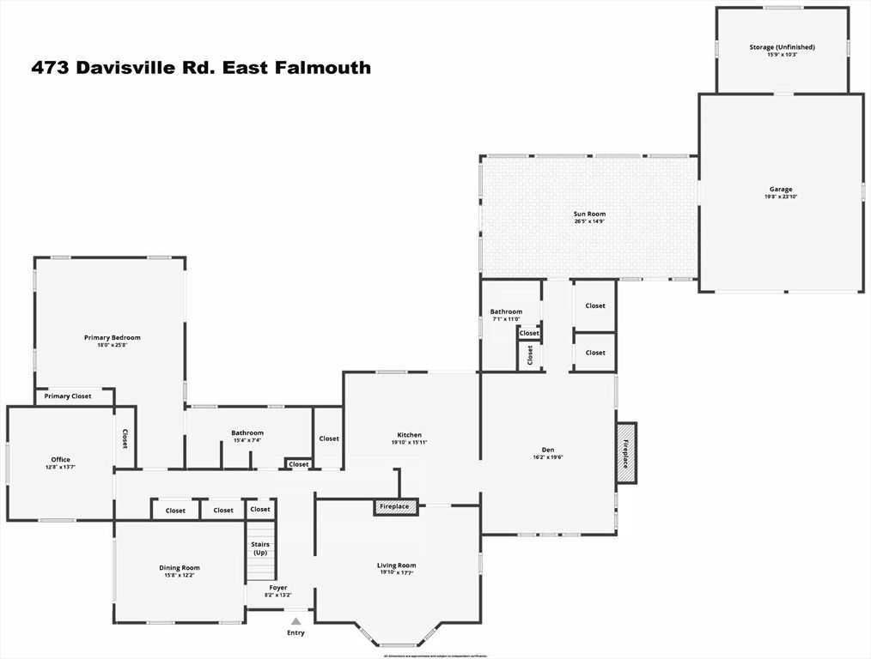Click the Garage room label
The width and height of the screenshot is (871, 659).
click(780, 189)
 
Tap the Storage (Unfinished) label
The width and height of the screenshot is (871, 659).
click(782, 47)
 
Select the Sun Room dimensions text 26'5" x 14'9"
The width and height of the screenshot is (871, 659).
click(589, 221)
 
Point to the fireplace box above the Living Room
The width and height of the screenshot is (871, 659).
click(395, 507)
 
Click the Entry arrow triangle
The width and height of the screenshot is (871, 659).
click(295, 620)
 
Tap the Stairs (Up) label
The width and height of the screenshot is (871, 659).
click(259, 548)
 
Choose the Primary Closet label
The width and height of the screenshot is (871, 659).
click(68, 396)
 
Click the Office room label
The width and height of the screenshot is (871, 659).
click(60, 460)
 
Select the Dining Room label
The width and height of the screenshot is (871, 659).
click(179, 567)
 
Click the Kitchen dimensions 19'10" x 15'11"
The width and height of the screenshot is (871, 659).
click(409, 443)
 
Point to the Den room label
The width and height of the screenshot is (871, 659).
click(548, 449)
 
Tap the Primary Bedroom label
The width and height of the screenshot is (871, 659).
click(112, 337)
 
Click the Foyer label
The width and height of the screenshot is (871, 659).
click(278, 588)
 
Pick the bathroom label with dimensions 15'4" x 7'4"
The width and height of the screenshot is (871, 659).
click(247, 432)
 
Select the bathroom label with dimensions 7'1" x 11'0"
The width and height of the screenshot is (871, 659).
click(506, 311)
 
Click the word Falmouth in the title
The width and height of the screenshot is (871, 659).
click(328, 68)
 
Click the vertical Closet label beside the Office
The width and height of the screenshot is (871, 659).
click(125, 438)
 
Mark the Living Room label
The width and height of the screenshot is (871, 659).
click(397, 565)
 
